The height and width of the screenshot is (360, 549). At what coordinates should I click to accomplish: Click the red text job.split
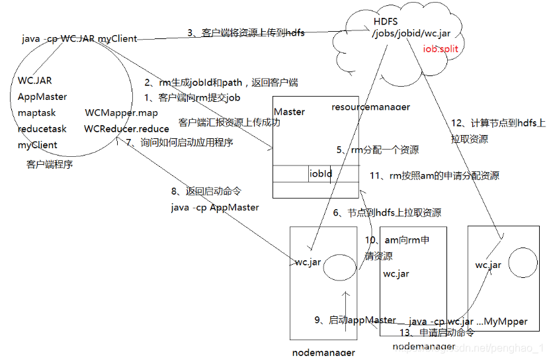441,49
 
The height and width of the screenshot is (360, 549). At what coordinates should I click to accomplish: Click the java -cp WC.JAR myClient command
79,39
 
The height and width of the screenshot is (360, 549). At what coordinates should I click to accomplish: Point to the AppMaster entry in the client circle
42,97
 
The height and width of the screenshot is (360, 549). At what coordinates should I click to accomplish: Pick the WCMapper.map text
121,112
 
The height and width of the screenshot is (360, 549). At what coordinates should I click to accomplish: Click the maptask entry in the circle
36,112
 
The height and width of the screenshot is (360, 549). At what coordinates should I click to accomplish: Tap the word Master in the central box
289,112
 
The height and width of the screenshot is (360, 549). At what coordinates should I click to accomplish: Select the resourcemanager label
370,107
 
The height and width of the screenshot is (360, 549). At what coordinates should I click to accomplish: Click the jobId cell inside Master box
321,174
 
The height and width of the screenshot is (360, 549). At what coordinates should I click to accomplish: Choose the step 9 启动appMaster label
355,320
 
